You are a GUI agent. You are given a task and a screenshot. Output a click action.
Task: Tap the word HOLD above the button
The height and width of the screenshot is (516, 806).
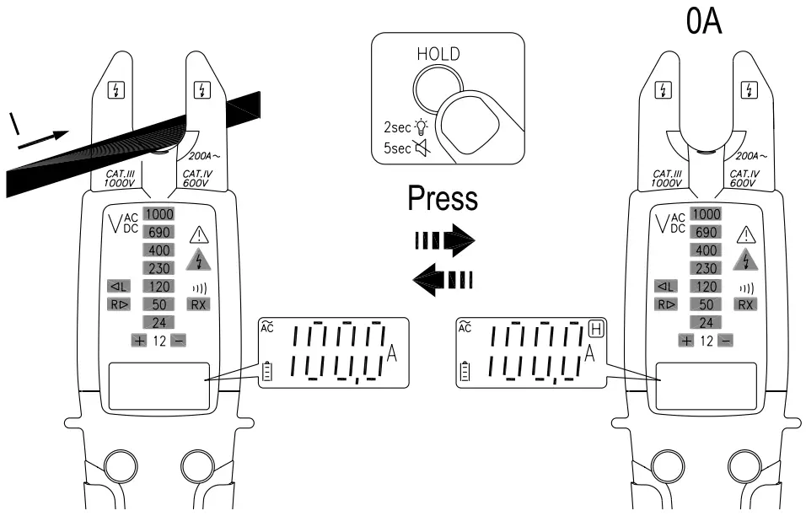(438, 54)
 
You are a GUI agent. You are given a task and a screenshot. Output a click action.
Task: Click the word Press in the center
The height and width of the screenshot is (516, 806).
(443, 198)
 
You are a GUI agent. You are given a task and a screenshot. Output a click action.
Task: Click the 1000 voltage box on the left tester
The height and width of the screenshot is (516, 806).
(158, 214)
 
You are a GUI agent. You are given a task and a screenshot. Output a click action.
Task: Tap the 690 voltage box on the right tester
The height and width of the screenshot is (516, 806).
(706, 232)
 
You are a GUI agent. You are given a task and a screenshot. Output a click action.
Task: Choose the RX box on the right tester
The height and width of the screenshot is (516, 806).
(745, 304)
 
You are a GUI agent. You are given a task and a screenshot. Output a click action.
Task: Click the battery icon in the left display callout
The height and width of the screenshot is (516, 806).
(269, 370)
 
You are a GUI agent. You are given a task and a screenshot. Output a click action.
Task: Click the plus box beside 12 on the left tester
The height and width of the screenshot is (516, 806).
(138, 341)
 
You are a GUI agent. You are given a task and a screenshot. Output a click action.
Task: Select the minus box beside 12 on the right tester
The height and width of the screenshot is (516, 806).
(725, 341)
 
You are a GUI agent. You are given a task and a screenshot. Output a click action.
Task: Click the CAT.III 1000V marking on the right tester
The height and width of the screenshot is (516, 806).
(666, 178)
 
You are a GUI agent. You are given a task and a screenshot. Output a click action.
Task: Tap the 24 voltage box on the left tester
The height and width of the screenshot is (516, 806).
(158, 322)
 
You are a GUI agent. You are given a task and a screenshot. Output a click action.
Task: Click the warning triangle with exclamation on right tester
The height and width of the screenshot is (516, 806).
(745, 235)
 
